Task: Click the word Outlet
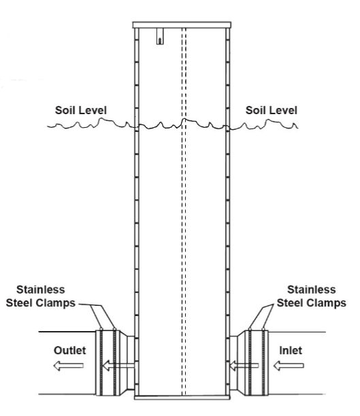click(x=70, y=351)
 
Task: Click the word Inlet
click(x=291, y=351)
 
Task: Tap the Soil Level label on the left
click(x=81, y=110)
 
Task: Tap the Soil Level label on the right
click(x=272, y=110)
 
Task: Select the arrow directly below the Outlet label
click(x=69, y=366)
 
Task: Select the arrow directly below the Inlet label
click(x=289, y=366)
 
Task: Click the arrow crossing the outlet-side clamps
click(x=118, y=366)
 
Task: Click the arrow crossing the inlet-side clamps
click(x=244, y=366)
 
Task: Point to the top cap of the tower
click(x=182, y=25)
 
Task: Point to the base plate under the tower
click(x=182, y=397)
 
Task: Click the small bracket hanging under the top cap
click(x=160, y=36)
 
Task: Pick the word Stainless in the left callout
click(x=41, y=290)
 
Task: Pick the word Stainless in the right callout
click(x=312, y=290)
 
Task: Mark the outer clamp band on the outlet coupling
click(x=101, y=362)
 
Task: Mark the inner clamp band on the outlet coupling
click(x=115, y=362)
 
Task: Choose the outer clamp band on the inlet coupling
click(x=263, y=362)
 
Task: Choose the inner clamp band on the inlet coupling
click(x=250, y=362)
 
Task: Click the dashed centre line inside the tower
click(x=184, y=211)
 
